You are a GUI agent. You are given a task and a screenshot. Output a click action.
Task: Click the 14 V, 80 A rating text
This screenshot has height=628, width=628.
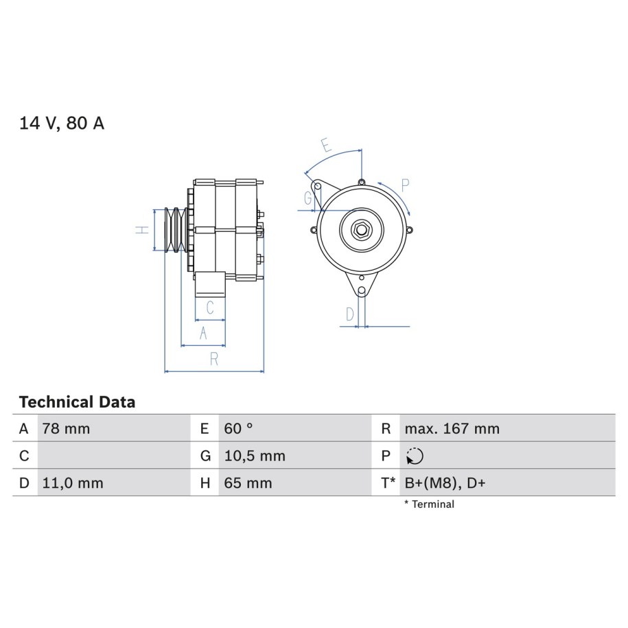point(62,123)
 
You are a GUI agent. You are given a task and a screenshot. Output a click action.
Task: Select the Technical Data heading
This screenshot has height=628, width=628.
point(77,402)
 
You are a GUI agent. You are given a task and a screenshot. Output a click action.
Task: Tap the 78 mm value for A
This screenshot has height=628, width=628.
point(66,428)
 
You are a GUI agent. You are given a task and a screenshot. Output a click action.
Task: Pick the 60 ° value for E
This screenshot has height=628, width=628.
point(238,428)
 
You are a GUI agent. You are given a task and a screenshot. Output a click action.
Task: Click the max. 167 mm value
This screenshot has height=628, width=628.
point(452,428)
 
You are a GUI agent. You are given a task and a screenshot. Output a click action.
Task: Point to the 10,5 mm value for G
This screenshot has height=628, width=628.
point(255,456)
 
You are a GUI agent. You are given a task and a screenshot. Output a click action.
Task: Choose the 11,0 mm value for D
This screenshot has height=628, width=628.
point(73,483)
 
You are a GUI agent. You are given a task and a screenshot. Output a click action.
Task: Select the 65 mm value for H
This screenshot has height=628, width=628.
point(248,483)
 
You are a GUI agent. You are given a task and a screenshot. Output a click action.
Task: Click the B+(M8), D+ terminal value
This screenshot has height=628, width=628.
point(445,483)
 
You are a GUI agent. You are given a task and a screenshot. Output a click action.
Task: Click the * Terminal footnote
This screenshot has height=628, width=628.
point(430,504)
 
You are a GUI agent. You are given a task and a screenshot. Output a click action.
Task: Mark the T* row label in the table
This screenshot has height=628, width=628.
point(388,483)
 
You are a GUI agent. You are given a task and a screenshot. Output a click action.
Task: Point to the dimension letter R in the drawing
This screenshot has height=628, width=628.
point(214,359)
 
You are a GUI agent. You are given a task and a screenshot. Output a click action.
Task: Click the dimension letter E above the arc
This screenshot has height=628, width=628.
point(327,145)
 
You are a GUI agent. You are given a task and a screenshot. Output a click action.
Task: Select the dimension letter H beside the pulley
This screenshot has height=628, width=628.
point(142,230)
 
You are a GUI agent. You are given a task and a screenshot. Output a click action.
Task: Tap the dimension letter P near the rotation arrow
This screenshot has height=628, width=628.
point(406,186)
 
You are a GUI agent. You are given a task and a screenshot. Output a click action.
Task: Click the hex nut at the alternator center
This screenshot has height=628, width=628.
point(361,230)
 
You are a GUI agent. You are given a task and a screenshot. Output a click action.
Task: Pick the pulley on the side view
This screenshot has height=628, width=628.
point(175,230)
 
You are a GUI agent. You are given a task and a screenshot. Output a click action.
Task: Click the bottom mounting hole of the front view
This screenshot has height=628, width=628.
point(361,290)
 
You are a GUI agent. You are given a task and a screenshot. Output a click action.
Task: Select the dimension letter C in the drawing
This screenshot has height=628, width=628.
point(210,307)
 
